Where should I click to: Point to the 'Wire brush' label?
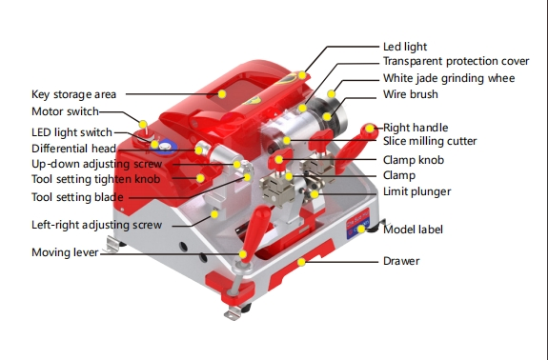click(x=410, y=94)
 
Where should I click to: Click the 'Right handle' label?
click(x=415, y=127)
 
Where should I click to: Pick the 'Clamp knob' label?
click(x=413, y=160)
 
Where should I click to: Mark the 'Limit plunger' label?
click(x=416, y=191)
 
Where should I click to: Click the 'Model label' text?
click(x=413, y=230)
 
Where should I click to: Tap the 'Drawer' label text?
click(x=401, y=260)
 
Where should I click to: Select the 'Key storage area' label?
click(x=74, y=94)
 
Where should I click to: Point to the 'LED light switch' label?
click(x=71, y=132)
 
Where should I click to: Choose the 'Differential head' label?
click(x=73, y=149)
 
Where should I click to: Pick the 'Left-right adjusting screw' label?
click(x=95, y=225)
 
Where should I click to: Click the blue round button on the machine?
click(x=164, y=147)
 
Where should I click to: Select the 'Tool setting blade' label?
click(x=77, y=197)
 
